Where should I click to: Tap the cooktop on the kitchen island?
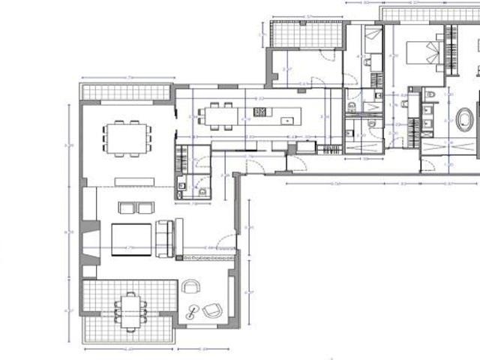(x=261, y=112)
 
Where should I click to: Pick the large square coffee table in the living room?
(x=132, y=239)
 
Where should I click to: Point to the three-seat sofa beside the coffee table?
(x=164, y=237)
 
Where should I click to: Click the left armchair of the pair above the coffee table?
(x=125, y=208)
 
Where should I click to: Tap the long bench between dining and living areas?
(x=135, y=180)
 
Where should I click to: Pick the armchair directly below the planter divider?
(x=192, y=286)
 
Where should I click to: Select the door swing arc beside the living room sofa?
(x=223, y=245)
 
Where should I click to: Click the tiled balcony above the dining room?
(x=125, y=92)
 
